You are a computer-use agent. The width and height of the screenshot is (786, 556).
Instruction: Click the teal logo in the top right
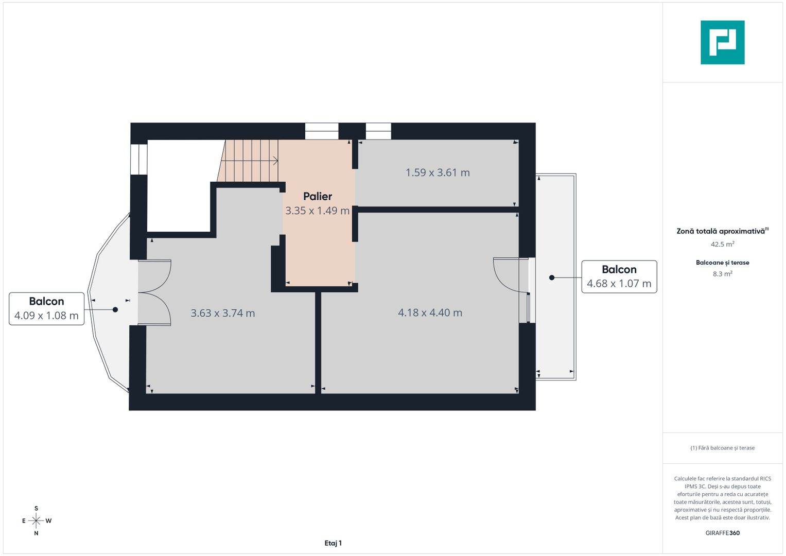[722, 42]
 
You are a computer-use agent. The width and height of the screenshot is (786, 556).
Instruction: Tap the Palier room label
[318, 196]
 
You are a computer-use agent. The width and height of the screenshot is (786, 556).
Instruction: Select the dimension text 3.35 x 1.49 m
[318, 211]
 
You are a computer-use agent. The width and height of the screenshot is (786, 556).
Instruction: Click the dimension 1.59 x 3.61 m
[438, 172]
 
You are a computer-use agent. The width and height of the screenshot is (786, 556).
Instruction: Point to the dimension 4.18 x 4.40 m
[430, 312]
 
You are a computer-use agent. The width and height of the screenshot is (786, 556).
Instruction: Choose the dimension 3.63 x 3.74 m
[223, 313]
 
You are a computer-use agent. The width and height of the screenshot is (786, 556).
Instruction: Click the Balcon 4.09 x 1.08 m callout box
[46, 308]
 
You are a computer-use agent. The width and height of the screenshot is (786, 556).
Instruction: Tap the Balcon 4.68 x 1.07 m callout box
[619, 276]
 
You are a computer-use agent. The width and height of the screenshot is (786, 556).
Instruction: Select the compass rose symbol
[36, 521]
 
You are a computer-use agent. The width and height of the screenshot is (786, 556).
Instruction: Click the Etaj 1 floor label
[333, 543]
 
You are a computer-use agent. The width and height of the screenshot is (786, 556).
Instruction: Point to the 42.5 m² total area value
[722, 245]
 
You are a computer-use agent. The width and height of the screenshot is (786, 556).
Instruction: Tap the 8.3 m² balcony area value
[722, 274]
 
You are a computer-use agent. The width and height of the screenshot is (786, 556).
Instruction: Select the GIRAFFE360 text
[722, 533]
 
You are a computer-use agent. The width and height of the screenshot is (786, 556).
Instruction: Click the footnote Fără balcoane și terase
[722, 448]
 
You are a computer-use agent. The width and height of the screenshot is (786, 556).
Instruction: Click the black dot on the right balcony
[552, 277]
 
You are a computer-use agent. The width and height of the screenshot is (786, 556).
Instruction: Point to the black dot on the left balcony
[115, 309]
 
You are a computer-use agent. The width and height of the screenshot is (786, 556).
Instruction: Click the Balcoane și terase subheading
[722, 263]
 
